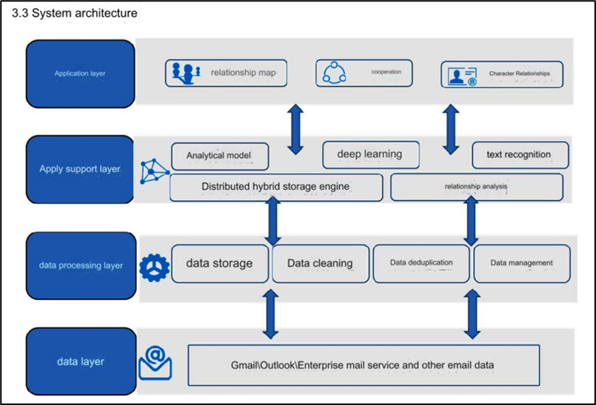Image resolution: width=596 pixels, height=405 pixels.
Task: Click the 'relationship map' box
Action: (226, 73)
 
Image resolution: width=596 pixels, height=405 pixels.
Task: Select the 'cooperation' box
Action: (364, 73)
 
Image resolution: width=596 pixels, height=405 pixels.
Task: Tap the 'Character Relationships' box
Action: (502, 75)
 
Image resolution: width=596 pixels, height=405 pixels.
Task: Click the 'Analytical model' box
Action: (220, 156)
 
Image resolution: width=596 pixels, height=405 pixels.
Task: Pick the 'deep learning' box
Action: (371, 154)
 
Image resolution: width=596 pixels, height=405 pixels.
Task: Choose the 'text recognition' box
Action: (520, 155)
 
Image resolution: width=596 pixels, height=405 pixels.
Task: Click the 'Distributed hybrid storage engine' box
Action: (276, 187)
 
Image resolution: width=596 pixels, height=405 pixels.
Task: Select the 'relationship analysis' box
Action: (477, 187)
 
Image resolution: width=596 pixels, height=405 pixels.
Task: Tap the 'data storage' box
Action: (220, 263)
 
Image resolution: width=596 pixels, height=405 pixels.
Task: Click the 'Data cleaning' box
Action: (321, 263)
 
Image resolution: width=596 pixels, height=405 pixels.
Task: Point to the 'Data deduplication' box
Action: (421, 263)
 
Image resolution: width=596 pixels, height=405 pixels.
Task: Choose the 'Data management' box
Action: (522, 263)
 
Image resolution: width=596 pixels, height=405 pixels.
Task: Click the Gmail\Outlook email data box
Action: (364, 366)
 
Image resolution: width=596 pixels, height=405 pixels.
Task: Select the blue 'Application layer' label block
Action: (80, 74)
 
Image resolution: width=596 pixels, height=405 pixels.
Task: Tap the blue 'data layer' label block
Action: (81, 362)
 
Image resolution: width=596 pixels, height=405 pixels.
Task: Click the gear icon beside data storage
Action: (154, 268)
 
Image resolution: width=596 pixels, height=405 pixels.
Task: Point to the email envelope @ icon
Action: (155, 363)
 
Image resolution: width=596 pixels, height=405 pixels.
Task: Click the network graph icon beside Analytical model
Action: (154, 171)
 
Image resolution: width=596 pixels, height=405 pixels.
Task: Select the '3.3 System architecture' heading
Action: (75, 13)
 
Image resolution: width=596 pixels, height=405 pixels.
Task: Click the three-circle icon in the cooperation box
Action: (334, 73)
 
